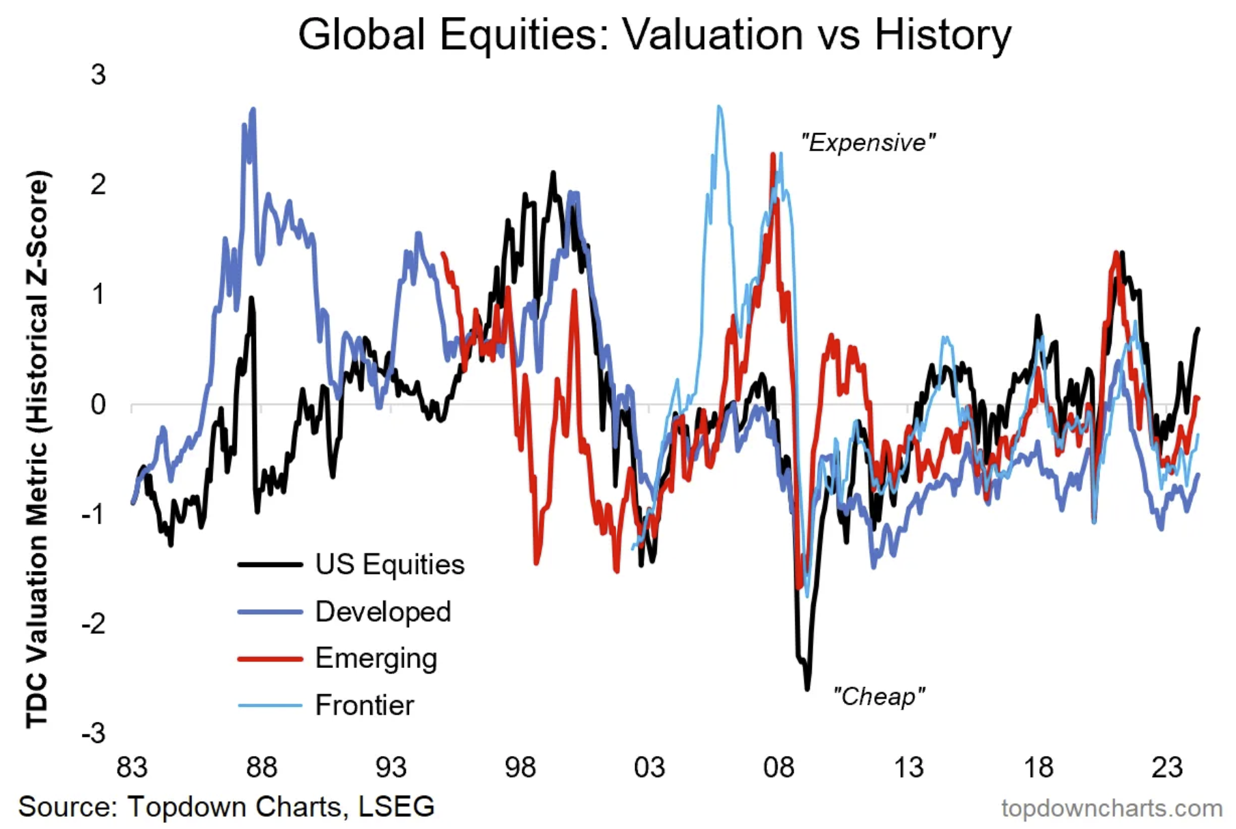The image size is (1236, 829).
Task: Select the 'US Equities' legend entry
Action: [389, 565]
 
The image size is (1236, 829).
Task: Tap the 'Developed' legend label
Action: [382, 612]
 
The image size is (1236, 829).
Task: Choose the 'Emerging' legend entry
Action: [376, 659]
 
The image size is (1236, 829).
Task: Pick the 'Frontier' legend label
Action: [364, 706]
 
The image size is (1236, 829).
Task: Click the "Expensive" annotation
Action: [867, 143]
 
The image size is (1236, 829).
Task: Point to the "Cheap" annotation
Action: [879, 697]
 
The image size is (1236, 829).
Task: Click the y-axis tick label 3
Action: [98, 75]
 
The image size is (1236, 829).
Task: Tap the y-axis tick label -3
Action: [94, 734]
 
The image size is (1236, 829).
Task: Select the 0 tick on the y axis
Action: [98, 405]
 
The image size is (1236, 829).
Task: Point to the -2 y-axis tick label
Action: [94, 624]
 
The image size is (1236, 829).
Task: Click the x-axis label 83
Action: [132, 768]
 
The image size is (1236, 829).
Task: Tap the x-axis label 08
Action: [778, 768]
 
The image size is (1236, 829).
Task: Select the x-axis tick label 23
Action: [1166, 768]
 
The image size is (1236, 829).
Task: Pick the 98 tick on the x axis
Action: [520, 768]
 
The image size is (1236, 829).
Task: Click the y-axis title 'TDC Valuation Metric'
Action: [38, 450]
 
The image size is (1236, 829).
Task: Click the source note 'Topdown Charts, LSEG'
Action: [280, 806]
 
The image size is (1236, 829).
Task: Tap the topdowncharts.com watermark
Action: [1111, 809]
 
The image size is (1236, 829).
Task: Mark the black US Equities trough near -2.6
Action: [807, 688]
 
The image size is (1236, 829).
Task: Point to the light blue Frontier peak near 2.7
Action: [718, 107]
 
